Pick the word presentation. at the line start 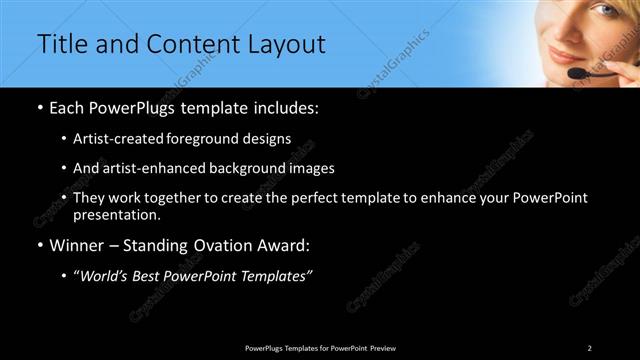click(117, 214)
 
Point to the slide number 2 click(590, 347)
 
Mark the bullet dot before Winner click(40, 245)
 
